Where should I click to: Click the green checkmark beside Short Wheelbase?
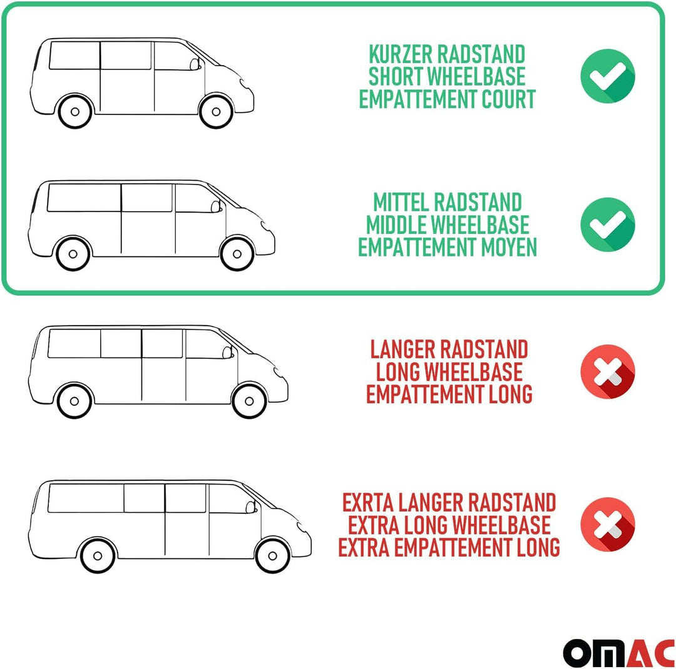pyautogui.click(x=607, y=76)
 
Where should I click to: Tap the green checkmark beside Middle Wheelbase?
pyautogui.click(x=607, y=224)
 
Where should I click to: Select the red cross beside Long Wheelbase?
pyautogui.click(x=607, y=371)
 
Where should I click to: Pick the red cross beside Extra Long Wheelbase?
pyautogui.click(x=607, y=524)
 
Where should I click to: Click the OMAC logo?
pyautogui.click(x=618, y=652)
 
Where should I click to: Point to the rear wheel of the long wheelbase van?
pyautogui.click(x=74, y=400)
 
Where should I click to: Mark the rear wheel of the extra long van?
pyautogui.click(x=98, y=554)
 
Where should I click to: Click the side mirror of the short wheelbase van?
pyautogui.click(x=197, y=62)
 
